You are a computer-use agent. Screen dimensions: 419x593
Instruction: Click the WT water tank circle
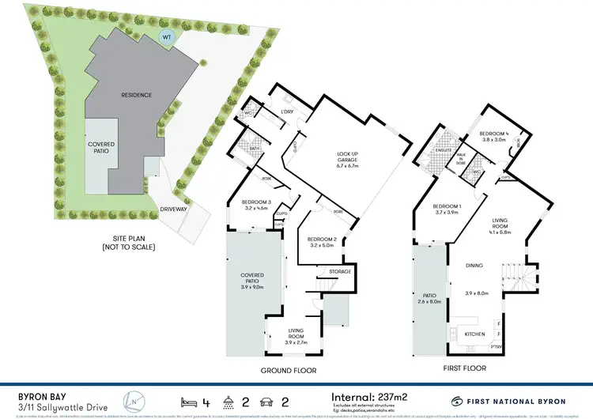[167, 37]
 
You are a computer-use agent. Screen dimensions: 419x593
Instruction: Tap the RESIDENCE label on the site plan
[135, 95]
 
